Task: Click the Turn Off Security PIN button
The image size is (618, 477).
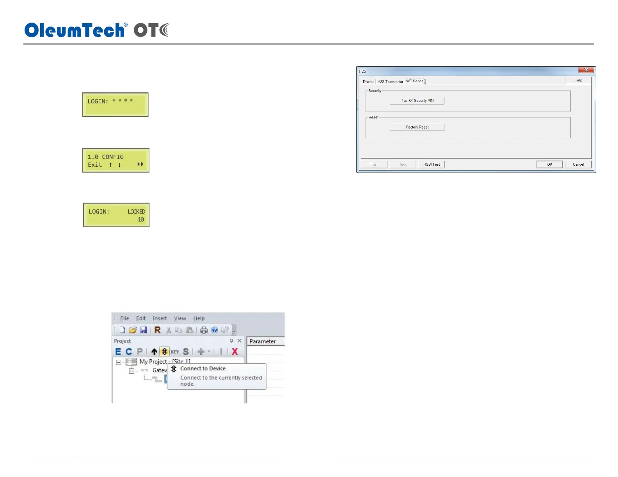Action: pyautogui.click(x=417, y=101)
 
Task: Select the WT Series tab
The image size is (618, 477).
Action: pyautogui.click(x=415, y=81)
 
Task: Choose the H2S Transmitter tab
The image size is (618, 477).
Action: pyautogui.click(x=390, y=81)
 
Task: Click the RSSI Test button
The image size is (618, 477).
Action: pyautogui.click(x=432, y=164)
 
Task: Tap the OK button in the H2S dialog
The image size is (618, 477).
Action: pyautogui.click(x=549, y=164)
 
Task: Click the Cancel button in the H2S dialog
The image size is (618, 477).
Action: pyautogui.click(x=578, y=164)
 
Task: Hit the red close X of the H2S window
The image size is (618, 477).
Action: pyautogui.click(x=586, y=70)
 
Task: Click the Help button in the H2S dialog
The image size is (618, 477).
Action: pyautogui.click(x=578, y=80)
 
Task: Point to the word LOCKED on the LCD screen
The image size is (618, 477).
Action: pyautogui.click(x=136, y=212)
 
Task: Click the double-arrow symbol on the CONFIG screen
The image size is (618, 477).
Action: pyautogui.click(x=140, y=164)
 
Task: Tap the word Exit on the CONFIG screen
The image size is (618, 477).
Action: pyautogui.click(x=95, y=165)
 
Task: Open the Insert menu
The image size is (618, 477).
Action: pyautogui.click(x=160, y=318)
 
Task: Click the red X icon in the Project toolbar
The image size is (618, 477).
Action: pyautogui.click(x=235, y=352)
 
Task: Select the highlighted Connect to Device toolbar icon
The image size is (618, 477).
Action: pyautogui.click(x=165, y=352)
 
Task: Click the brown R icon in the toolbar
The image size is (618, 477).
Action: pyautogui.click(x=158, y=330)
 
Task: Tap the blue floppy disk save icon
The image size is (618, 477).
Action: pyautogui.click(x=143, y=330)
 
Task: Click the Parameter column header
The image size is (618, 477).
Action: pyautogui.click(x=263, y=341)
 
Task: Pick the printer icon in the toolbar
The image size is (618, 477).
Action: pyautogui.click(x=204, y=330)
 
